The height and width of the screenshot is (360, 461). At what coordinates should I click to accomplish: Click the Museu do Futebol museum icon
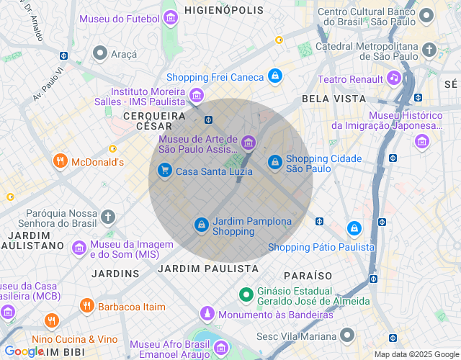171,18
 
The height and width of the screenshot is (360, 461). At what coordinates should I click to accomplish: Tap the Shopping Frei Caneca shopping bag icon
274,76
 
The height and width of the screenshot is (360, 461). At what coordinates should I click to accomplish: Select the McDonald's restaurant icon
60,162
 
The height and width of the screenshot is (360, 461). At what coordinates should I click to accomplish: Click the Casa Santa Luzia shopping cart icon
165,171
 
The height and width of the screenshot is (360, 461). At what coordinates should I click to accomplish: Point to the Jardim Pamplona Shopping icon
202,225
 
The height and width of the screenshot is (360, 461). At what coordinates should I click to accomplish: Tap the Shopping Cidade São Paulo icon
274,163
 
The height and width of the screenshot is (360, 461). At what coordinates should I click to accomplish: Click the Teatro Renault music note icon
393,78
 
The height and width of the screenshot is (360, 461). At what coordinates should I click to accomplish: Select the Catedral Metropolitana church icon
429,50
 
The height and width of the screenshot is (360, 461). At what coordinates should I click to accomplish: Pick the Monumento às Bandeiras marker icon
207,314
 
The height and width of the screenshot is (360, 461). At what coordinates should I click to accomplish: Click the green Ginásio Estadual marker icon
246,294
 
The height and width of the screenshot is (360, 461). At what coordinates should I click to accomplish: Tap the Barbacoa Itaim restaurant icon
86,306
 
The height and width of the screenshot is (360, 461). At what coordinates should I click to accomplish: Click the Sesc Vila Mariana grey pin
348,336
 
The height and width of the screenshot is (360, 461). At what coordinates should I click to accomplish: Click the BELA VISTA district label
334,99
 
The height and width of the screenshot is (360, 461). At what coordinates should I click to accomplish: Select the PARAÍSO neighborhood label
308,276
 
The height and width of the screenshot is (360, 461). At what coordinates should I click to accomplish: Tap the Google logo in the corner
24,351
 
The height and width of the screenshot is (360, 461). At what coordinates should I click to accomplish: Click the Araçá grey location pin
99,53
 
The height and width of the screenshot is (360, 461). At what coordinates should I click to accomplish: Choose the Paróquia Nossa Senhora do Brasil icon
108,217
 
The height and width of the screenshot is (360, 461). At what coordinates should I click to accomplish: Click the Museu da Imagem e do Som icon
79,248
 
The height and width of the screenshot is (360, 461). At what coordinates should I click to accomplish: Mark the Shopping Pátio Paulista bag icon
354,229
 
